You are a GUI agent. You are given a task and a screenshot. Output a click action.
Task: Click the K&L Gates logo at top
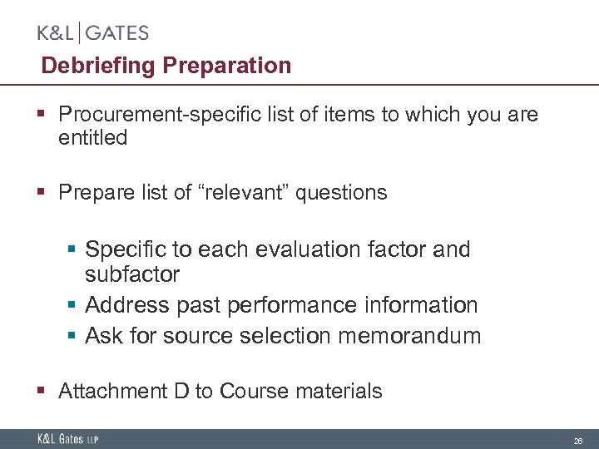[93, 33]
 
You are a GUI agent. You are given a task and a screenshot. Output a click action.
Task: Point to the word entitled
[92, 137]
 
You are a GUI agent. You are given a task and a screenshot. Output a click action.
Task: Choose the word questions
[342, 193]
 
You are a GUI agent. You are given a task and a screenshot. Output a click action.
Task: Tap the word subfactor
[132, 274]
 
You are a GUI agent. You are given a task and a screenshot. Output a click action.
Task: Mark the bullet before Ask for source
[73, 336]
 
